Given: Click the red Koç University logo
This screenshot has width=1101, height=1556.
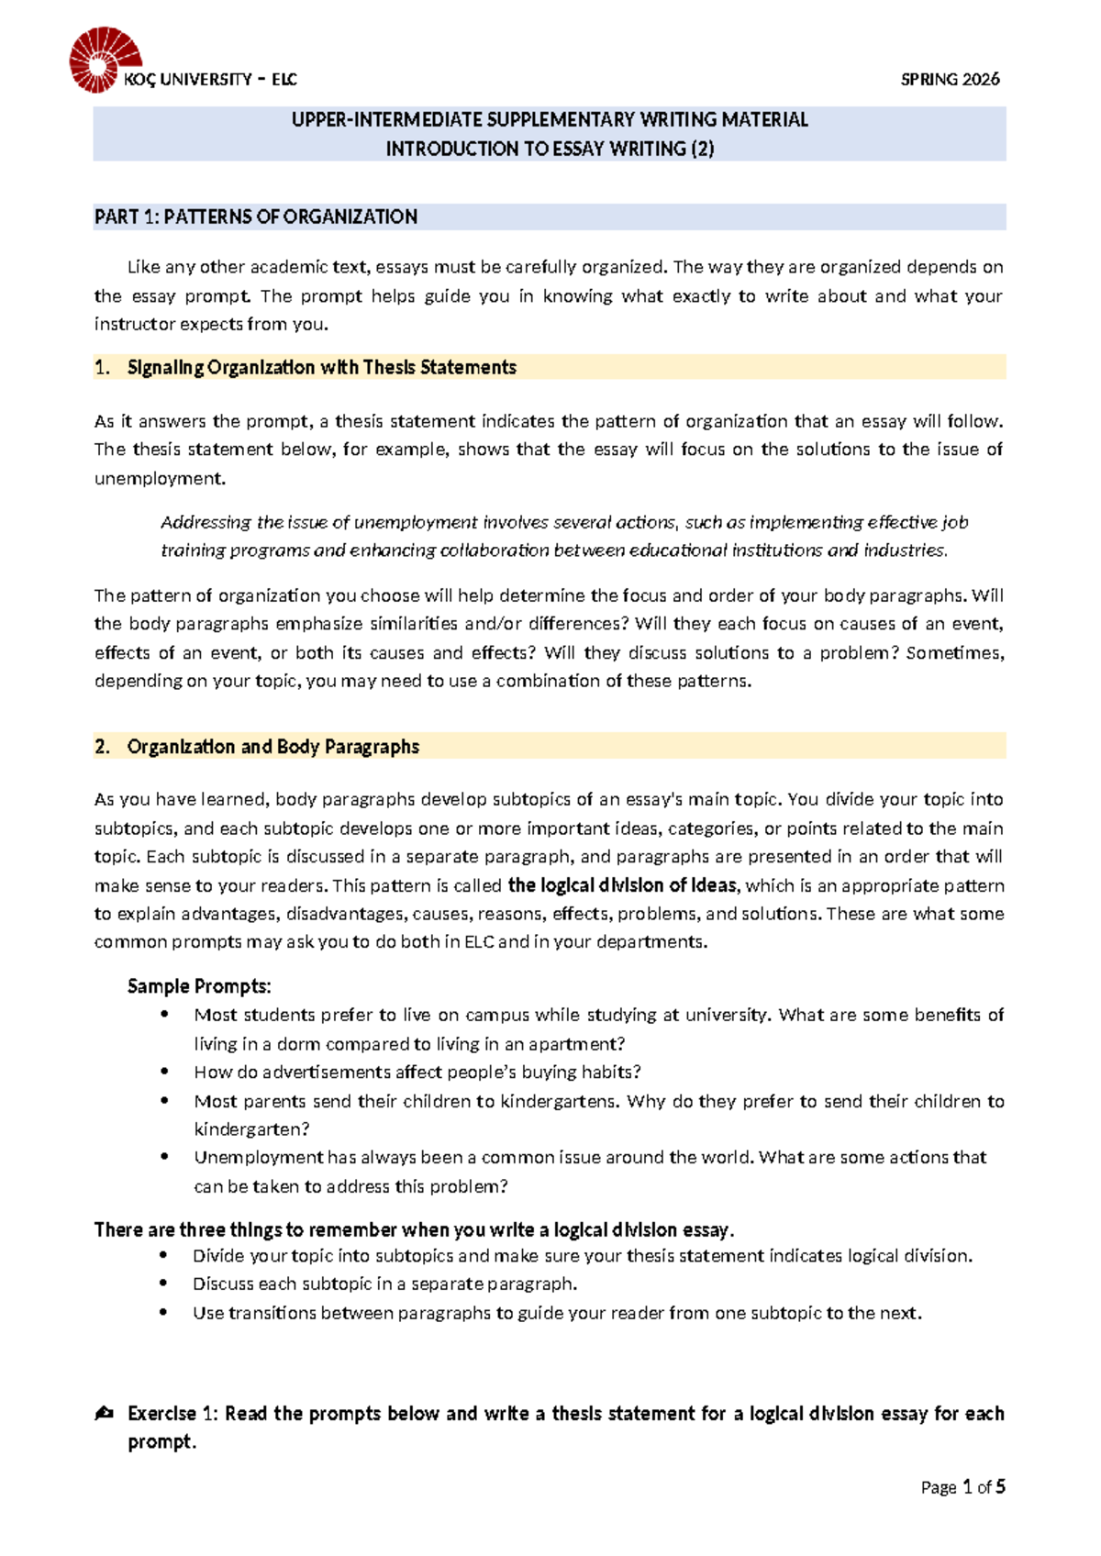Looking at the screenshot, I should point(104,60).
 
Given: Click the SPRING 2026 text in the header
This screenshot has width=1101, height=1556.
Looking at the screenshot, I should point(950,80).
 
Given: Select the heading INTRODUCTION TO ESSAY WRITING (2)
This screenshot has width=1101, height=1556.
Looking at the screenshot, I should point(549,149).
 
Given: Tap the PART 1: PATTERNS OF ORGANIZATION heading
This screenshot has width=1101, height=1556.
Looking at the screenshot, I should point(256,217).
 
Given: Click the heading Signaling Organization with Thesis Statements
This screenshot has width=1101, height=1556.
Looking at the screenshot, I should point(321,368).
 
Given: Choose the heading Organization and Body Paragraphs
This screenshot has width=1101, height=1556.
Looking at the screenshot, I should point(272,747).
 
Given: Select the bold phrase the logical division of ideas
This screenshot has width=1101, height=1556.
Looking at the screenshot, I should point(622,885).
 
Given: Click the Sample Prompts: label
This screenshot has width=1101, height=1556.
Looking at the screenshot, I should point(199,987).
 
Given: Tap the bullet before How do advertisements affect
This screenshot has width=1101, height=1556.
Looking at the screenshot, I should point(164,1072).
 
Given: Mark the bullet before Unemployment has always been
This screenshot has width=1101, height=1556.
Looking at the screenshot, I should point(164,1157).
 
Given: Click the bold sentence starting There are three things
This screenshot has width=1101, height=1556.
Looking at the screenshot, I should point(414,1229).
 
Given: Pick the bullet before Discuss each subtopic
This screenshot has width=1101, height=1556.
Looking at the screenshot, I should point(164,1284).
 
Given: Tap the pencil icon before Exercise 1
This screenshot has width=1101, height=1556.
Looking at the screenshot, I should point(104,1414).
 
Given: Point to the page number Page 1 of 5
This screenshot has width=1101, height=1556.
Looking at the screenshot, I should point(962,1487).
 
